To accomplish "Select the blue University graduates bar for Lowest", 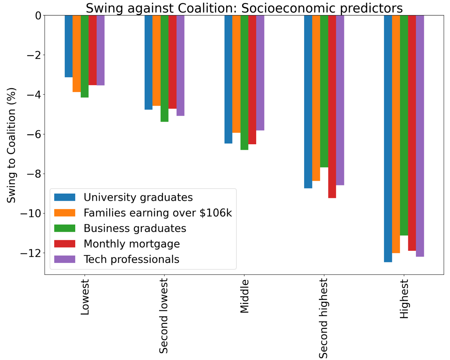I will tap(69, 46).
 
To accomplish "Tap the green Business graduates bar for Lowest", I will tap(85, 56).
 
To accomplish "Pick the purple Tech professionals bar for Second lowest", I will tap(180, 65).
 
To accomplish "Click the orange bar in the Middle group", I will tap(236, 74).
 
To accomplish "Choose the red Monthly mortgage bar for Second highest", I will tap(332, 107).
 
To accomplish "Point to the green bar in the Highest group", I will tap(404, 125).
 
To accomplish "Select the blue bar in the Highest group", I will tap(388, 139).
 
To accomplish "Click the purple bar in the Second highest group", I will tap(340, 100).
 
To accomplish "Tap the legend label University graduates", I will tap(138, 197).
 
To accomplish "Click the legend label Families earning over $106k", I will tap(158, 213).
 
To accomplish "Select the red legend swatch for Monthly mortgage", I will tap(65, 244).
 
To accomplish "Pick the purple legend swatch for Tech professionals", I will tap(65, 259).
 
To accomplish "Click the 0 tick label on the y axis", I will tap(38, 16).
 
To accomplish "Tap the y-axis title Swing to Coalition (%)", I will tap(12, 145).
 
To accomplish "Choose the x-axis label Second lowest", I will tap(164, 316).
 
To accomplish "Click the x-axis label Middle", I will tap(244, 296).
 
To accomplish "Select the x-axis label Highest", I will tap(404, 299).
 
